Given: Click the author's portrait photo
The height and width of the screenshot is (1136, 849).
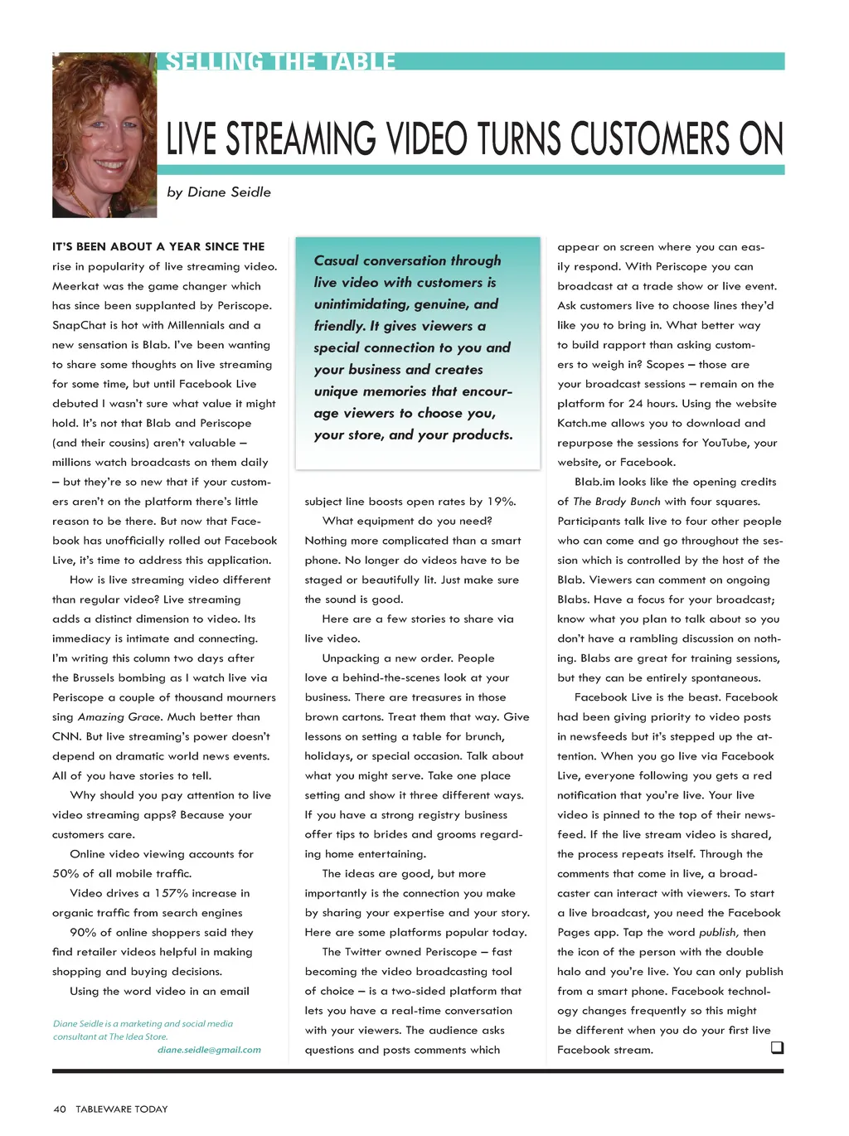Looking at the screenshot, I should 104,135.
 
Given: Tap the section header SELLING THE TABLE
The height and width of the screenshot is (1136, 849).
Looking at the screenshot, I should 280,62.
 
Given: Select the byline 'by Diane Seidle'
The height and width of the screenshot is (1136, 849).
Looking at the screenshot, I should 219,192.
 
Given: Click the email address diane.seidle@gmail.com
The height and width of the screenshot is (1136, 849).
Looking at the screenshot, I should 209,1050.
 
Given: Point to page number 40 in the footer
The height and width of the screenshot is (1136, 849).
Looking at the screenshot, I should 60,1109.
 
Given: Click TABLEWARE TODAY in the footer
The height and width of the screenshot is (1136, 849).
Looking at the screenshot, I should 122,1109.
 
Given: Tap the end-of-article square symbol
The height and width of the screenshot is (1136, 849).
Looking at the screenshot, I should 777,1048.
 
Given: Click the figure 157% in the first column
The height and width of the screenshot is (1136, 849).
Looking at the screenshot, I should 172,893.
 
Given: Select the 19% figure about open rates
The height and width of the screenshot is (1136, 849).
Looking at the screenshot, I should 501,502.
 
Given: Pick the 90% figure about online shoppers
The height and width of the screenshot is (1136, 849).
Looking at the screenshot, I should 83,933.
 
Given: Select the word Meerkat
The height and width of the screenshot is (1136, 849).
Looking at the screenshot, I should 75,286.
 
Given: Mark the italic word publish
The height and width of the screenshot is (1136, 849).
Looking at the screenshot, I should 717,933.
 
